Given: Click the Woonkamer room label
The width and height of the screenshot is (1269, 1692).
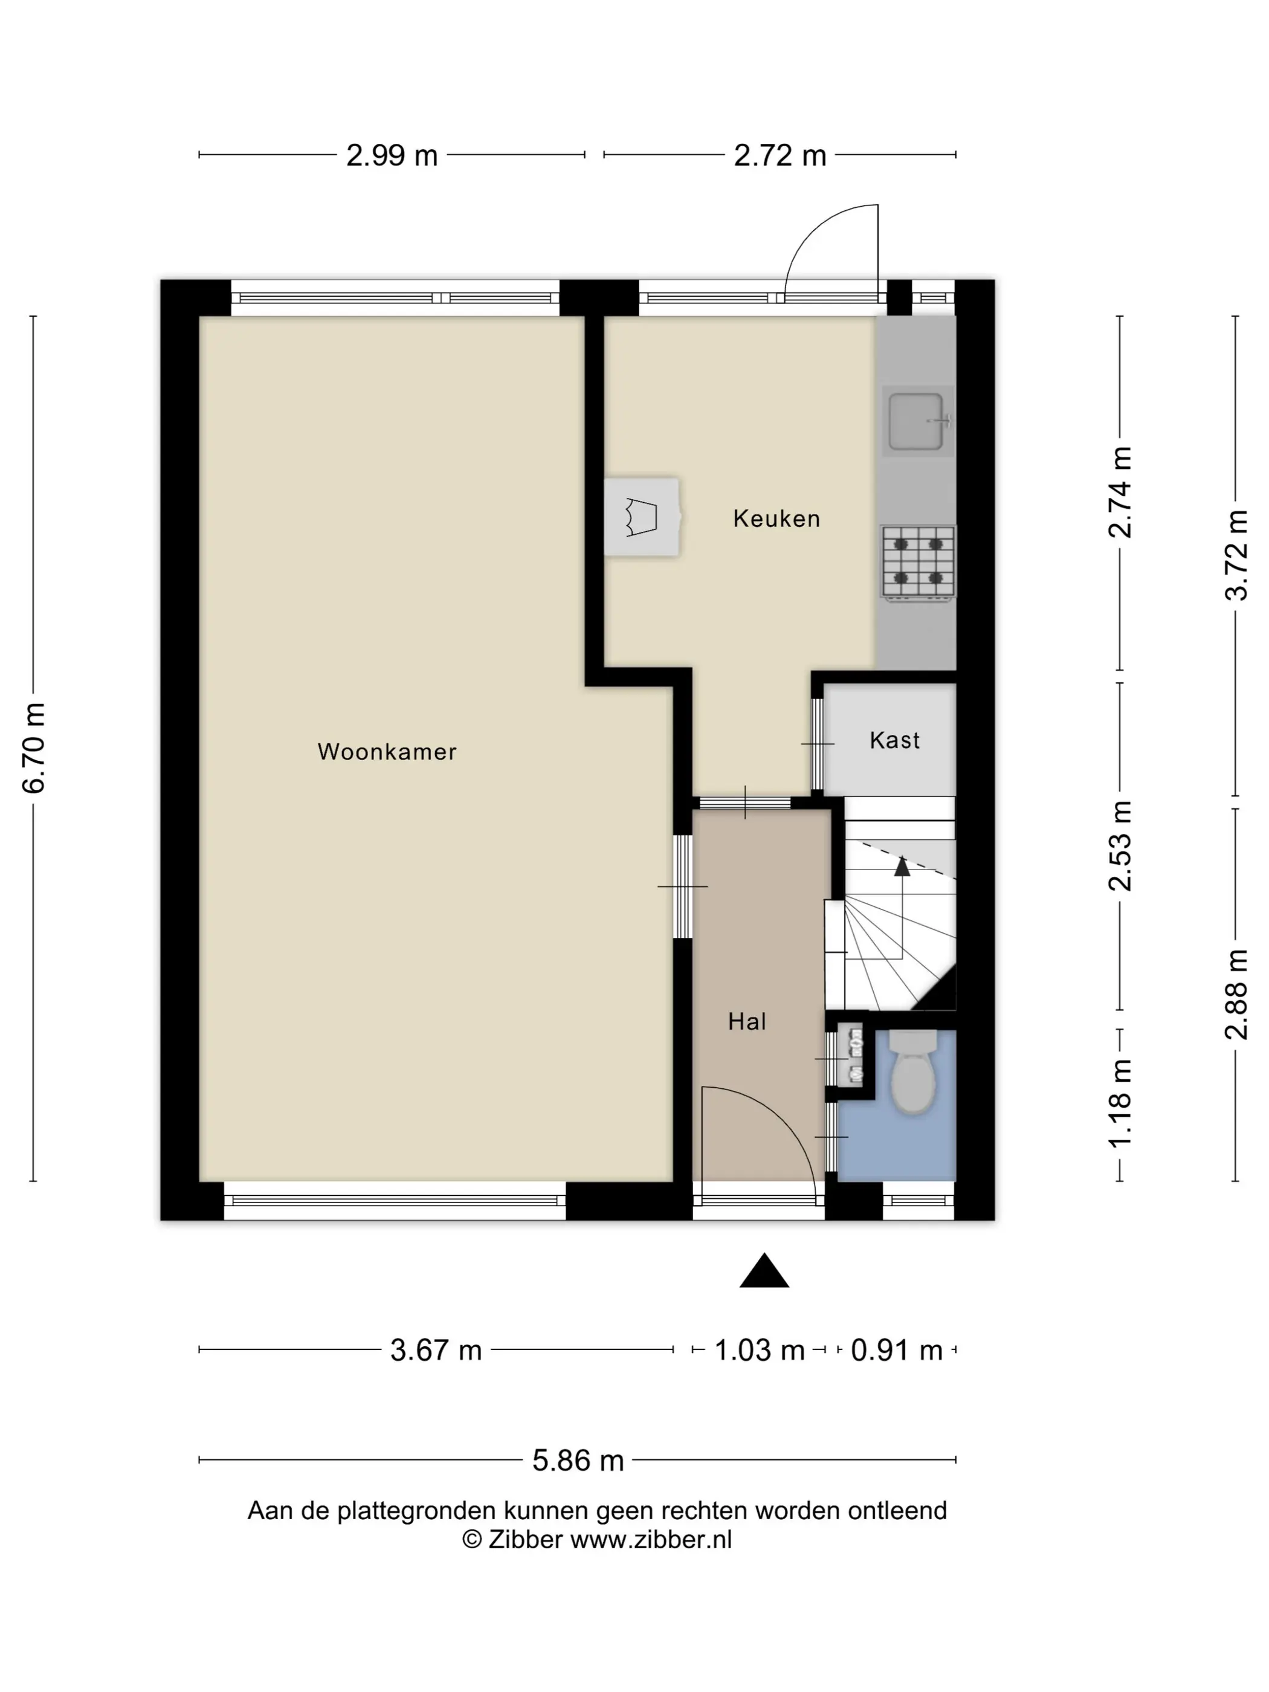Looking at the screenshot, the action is (387, 752).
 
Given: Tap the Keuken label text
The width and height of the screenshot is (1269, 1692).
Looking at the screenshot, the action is (777, 518).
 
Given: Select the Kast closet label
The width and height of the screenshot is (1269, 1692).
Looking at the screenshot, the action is (894, 740).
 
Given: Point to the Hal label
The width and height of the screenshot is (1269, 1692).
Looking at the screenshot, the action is (746, 1021).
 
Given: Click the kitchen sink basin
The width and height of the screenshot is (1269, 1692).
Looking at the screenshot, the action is (916, 421).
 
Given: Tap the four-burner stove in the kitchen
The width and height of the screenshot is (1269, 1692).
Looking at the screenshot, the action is (918, 562).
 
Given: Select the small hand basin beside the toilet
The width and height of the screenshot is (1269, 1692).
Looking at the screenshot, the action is (851, 1056).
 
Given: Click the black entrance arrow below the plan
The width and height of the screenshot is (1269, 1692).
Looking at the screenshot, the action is (764, 1271).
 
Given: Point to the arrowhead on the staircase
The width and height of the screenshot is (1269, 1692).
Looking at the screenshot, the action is (903, 866).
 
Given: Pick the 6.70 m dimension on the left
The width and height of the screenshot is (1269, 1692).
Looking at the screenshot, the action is (34, 748).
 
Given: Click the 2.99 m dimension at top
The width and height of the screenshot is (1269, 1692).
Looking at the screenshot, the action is (392, 155).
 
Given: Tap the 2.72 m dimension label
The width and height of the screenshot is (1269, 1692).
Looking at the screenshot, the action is (780, 155).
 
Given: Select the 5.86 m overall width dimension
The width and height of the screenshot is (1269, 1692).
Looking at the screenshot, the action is (578, 1460).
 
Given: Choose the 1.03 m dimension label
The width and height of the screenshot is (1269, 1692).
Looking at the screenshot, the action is (760, 1350).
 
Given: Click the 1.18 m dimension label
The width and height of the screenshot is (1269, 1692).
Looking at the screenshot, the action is (1120, 1104).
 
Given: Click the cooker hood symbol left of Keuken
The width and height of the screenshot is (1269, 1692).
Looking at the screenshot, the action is (642, 517).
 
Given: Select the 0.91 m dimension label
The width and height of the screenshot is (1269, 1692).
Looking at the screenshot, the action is (897, 1350).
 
